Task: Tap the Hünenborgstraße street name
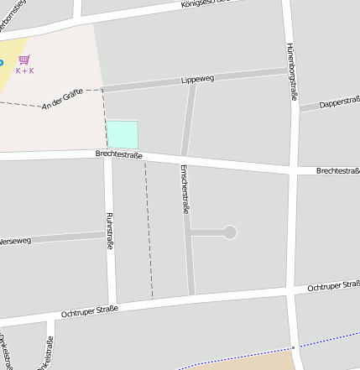click(x=293, y=71)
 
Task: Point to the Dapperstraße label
click(x=338, y=102)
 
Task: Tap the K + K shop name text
click(x=25, y=70)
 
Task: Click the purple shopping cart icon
click(x=24, y=60)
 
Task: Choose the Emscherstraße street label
click(x=185, y=189)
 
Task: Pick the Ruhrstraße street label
click(x=109, y=232)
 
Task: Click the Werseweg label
click(x=17, y=241)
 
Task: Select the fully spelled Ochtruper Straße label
click(x=90, y=311)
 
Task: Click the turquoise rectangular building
click(x=122, y=134)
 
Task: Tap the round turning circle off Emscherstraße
click(x=230, y=232)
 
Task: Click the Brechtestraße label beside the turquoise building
click(x=119, y=155)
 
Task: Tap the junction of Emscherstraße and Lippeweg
click(x=192, y=84)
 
